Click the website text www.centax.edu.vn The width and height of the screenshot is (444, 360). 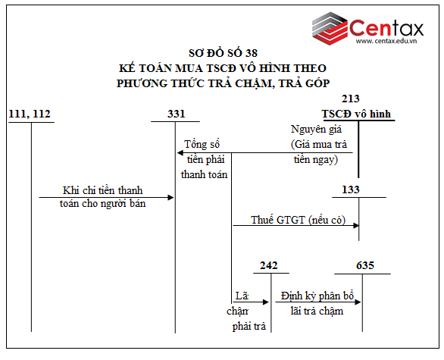pos(389,42)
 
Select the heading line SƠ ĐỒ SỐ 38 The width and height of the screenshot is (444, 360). pos(223,53)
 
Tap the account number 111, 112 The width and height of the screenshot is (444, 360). pos(30,114)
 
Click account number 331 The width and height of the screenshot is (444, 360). pos(176,114)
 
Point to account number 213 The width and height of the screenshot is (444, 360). pos(351,99)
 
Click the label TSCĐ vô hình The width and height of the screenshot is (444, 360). pos(358,114)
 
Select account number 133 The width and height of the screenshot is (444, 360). pos(351,189)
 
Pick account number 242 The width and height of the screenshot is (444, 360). pos(268,265)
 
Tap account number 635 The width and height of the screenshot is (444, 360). pos(364,265)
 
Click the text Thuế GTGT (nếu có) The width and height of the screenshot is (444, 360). pos(298,220)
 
